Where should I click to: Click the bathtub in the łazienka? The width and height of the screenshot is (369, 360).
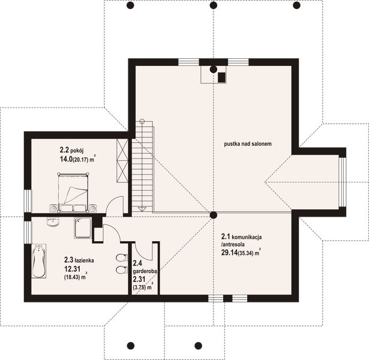click(39, 261)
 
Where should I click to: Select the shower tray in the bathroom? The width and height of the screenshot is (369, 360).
click(83, 228)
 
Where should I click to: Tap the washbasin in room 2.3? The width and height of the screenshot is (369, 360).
click(53, 221)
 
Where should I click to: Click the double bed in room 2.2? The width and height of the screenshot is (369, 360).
click(73, 192)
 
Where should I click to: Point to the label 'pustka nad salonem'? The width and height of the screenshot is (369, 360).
click(248, 144)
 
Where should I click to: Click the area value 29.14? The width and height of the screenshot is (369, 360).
click(229, 253)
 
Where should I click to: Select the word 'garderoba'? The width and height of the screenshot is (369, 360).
click(145, 271)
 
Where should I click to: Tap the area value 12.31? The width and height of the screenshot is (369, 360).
click(72, 269)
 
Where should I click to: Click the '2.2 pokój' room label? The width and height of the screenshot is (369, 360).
click(72, 150)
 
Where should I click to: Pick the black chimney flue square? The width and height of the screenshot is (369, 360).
click(221, 77)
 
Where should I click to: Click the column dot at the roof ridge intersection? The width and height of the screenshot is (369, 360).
click(214, 215)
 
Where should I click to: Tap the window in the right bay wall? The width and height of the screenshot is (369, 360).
click(343, 182)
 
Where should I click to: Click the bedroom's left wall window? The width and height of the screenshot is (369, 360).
click(28, 201)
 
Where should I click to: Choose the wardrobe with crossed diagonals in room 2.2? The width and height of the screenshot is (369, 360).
click(122, 160)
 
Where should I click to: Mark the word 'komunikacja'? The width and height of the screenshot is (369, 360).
click(247, 237)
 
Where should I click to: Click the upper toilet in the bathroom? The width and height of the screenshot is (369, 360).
click(121, 258)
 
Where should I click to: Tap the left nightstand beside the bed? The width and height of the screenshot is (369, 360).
click(53, 208)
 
